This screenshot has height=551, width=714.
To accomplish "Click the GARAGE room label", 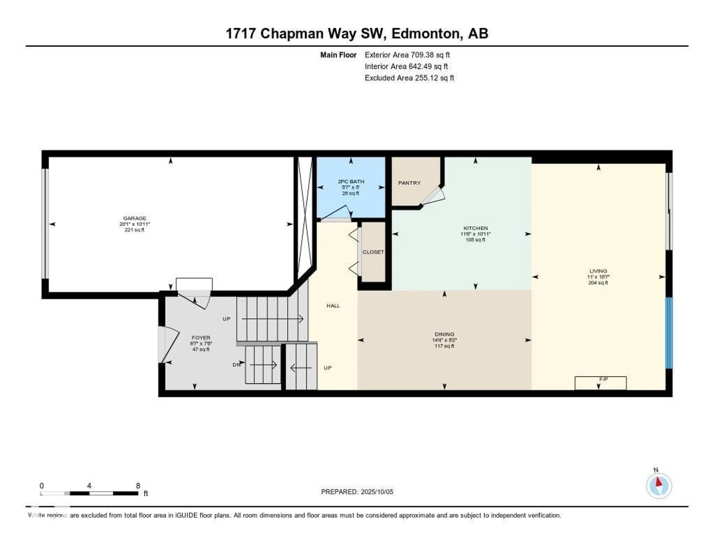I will [134, 218].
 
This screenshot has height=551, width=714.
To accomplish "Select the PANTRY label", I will [409, 183].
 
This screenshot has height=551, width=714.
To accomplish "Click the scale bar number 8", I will [138, 485].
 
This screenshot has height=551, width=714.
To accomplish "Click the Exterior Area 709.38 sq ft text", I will [407, 55].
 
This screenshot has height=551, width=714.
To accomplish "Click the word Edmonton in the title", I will [427, 34].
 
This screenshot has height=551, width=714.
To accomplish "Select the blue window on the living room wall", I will [669, 333].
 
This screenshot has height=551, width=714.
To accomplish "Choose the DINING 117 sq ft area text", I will [444, 346].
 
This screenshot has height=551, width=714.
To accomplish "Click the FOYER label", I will [201, 338].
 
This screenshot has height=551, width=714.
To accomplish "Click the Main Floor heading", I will [338, 55].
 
